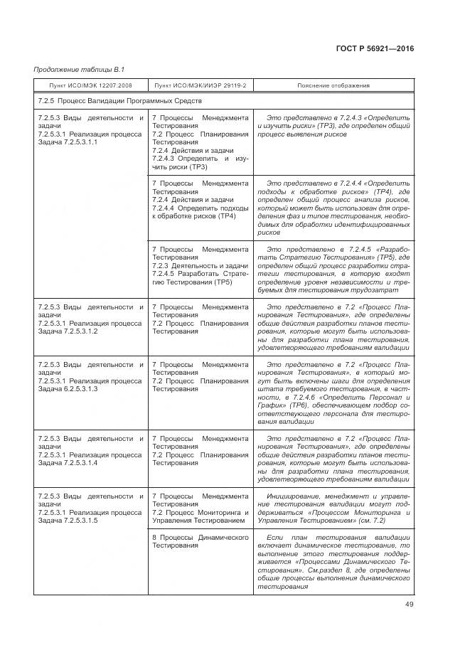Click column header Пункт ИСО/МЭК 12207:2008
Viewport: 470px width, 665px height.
tap(90, 85)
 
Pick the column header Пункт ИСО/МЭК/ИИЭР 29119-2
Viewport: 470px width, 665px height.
tap(200, 85)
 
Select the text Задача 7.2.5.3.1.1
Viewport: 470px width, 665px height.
tap(67, 142)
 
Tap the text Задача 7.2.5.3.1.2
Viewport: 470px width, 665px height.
tap(67, 331)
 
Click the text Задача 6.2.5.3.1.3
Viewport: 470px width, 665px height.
tap(67, 389)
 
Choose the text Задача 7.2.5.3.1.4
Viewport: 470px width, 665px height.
tap(67, 463)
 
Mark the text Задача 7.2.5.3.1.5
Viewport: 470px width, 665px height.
tap(67, 521)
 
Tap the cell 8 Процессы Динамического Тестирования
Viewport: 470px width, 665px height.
tap(200, 541)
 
